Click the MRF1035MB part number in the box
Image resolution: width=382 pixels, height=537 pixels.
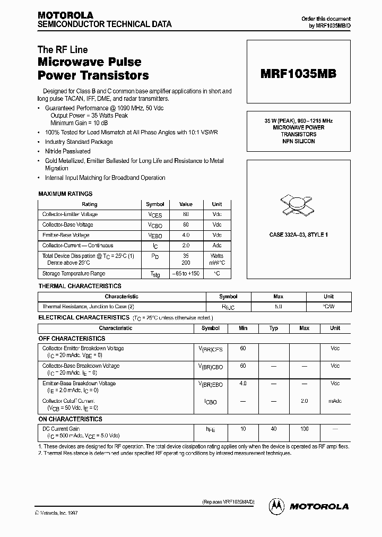pos(298,74)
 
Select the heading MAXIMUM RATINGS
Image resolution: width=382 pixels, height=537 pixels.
pos(65,194)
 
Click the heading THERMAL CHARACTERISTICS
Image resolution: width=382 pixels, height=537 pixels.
pos(80,286)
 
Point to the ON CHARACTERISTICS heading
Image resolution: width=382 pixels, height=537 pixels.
pos(71,419)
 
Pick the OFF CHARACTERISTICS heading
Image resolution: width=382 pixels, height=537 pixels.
pos(72,338)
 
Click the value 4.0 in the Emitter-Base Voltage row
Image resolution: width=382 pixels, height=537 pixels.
pos(186,235)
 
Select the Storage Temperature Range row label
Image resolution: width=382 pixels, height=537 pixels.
pos(74,274)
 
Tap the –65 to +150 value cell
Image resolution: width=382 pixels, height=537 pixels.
pos(186,274)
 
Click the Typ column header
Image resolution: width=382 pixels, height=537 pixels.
pos(274,328)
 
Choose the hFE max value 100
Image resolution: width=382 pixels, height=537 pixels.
pos(304,429)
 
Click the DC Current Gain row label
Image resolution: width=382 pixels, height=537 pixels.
pos(61,428)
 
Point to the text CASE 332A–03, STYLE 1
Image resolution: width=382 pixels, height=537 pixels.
pos(299,235)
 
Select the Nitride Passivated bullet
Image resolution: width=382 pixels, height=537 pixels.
pos(68,151)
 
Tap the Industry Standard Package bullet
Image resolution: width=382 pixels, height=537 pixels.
pos(79,142)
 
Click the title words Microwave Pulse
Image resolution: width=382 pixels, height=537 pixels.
pos(89,63)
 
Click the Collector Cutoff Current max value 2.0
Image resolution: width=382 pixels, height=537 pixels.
pos(304,401)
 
